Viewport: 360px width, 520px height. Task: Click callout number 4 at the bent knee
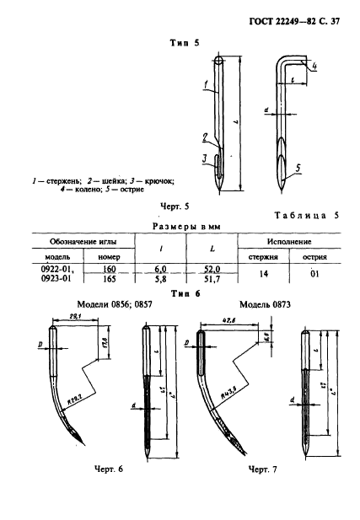point(314,64)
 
